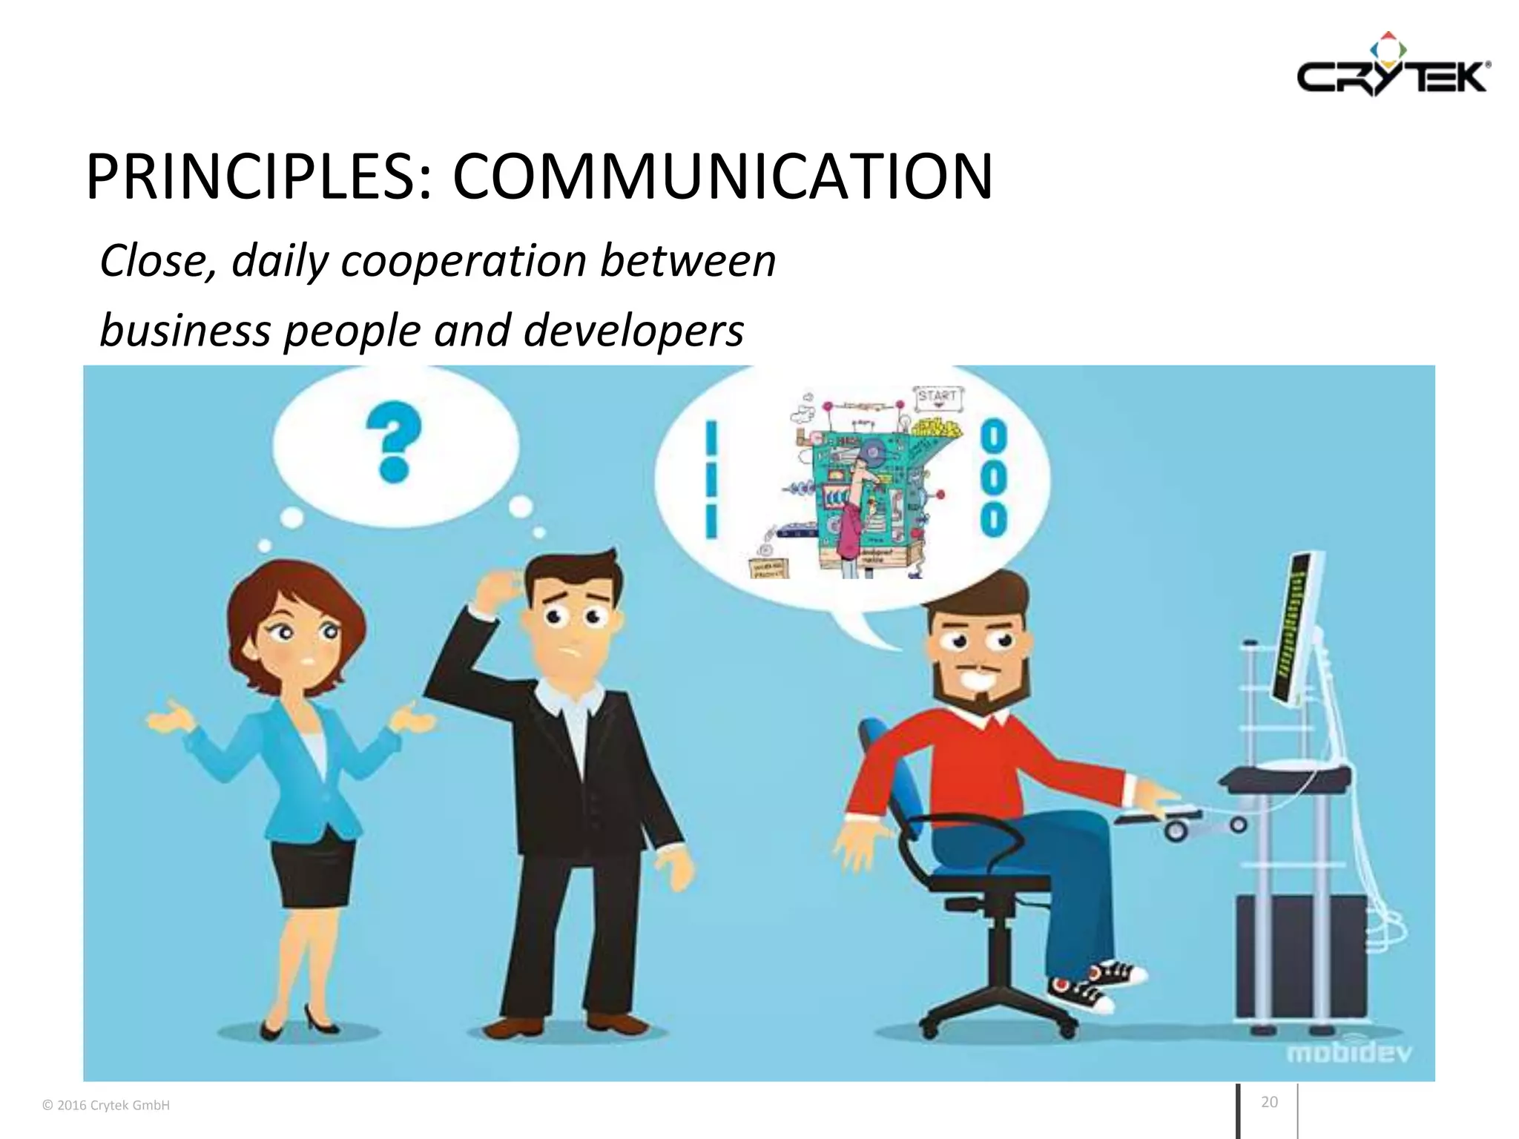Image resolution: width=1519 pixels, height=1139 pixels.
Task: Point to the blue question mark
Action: click(x=393, y=441)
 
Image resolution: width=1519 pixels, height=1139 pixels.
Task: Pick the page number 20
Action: click(x=1269, y=1102)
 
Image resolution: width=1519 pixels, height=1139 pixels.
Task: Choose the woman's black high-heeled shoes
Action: click(x=297, y=1023)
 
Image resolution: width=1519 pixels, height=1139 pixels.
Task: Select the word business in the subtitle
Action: click(x=185, y=330)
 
